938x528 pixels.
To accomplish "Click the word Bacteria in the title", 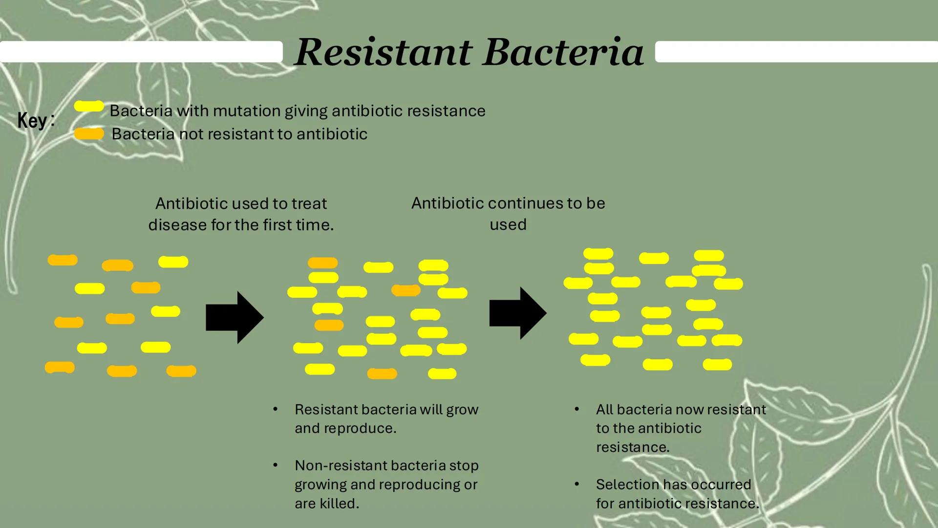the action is (563, 52).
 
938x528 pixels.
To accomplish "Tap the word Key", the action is (32, 120).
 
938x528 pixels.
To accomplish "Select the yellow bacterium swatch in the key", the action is (89, 106).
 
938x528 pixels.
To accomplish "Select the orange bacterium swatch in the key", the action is (89, 133).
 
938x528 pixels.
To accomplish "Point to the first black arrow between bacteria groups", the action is (234, 318).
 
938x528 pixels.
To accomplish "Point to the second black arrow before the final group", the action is (518, 313).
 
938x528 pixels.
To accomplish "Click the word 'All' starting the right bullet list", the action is (604, 410).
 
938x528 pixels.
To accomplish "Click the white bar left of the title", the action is (141, 52).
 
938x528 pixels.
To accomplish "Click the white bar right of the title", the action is (796, 52).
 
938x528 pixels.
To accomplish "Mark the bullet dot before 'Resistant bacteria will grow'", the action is (275, 409).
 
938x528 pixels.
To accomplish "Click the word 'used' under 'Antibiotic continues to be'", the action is (508, 225).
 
